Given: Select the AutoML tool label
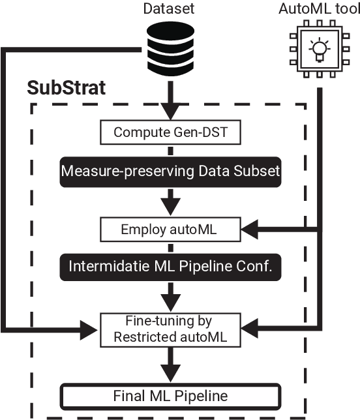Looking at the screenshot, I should coord(318,9).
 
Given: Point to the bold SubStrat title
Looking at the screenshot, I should coord(66,89).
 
